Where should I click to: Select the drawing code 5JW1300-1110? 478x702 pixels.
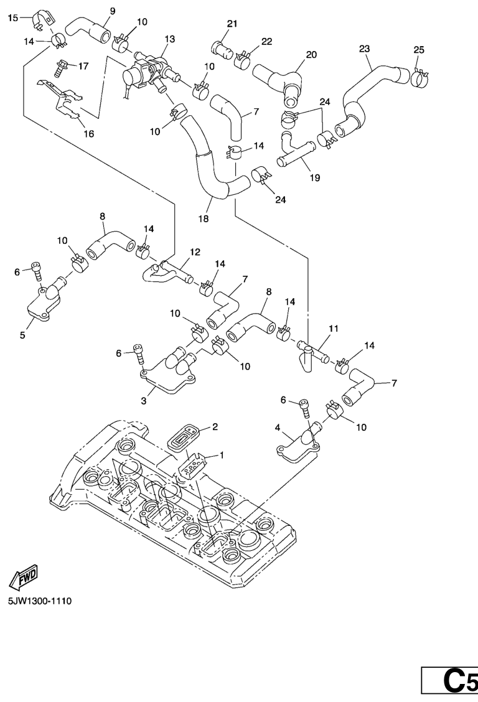pyautogui.click(x=39, y=602)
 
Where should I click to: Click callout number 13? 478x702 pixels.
pyautogui.click(x=170, y=39)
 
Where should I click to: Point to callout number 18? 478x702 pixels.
pyautogui.click(x=204, y=218)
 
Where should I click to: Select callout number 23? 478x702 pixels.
pyautogui.click(x=365, y=48)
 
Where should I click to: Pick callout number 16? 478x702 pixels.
pyautogui.click(x=89, y=133)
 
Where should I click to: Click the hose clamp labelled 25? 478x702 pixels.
pyautogui.click(x=419, y=77)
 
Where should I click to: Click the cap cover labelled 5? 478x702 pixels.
pyautogui.click(x=42, y=302)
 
